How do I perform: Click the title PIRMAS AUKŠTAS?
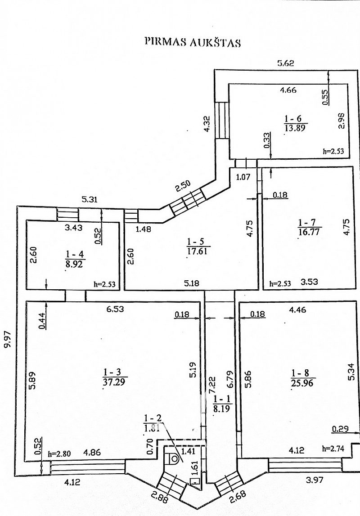point(193,42)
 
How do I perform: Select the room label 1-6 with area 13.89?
point(295,123)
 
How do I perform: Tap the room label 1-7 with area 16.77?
point(309,228)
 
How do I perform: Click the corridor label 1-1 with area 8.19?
point(223,404)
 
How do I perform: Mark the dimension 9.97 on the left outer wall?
point(8,339)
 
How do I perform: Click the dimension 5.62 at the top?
point(285,63)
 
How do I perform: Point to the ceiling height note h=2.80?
point(59,454)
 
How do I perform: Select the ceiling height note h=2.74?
point(333,448)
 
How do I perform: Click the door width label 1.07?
point(243,177)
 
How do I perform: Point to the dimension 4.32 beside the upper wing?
point(207,123)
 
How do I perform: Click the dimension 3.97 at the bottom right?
point(315,480)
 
